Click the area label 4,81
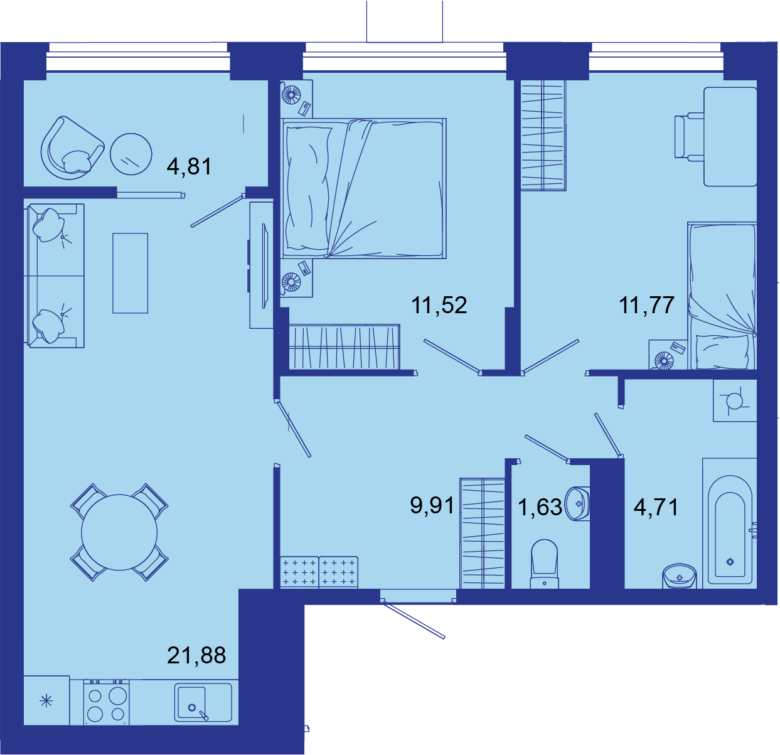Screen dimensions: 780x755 [189, 166]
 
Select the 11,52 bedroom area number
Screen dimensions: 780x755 [439, 305]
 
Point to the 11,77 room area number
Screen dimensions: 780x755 [646, 305]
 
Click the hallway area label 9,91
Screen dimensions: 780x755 [432, 505]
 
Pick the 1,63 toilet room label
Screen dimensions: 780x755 [540, 507]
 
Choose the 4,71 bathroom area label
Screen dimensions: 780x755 [656, 507]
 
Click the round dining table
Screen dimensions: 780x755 [119, 532]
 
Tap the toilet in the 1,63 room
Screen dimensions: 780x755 [544, 564]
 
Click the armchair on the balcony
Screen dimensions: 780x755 [72, 147]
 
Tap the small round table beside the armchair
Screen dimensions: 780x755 [131, 154]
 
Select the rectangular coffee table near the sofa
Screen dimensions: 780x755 [131, 273]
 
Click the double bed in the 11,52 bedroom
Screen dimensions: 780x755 [363, 188]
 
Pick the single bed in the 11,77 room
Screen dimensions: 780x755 [722, 296]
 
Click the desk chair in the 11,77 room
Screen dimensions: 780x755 [688, 137]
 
